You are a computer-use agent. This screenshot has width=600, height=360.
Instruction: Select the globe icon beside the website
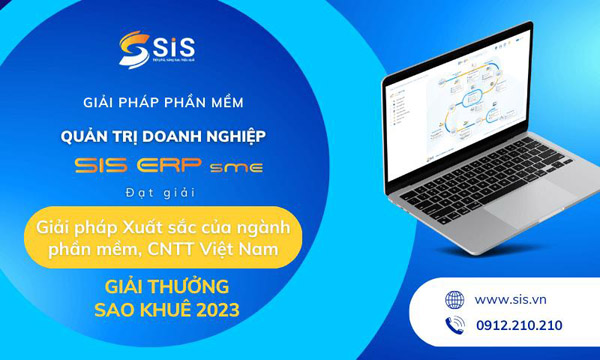point(456,299)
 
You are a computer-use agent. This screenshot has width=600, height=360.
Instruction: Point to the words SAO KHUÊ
point(139,310)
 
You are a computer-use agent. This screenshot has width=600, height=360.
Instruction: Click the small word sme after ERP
point(242,166)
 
